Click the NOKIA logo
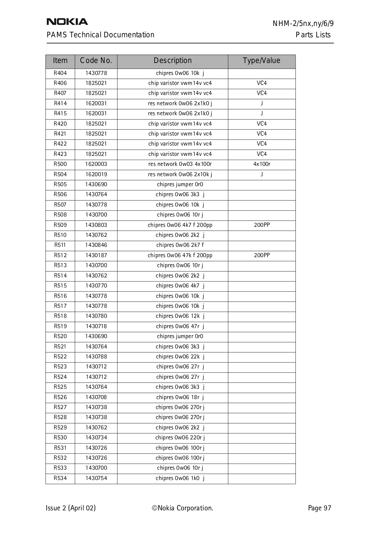point(67,22)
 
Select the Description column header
point(173,61)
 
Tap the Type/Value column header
point(261,61)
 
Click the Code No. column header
point(96,61)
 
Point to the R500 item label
point(60,164)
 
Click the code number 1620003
point(96,164)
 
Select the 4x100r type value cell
point(262,164)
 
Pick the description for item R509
point(180,225)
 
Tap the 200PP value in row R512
point(262,256)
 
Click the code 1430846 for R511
point(96,245)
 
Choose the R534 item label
point(60,478)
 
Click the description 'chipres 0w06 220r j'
point(180,438)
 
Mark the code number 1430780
point(96,316)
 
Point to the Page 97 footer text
point(319,508)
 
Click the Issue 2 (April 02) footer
point(71,508)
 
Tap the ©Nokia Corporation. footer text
point(183,508)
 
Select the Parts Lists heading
point(313,35)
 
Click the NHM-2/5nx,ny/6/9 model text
point(303,24)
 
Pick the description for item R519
point(180,326)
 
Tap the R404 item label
point(60,73)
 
